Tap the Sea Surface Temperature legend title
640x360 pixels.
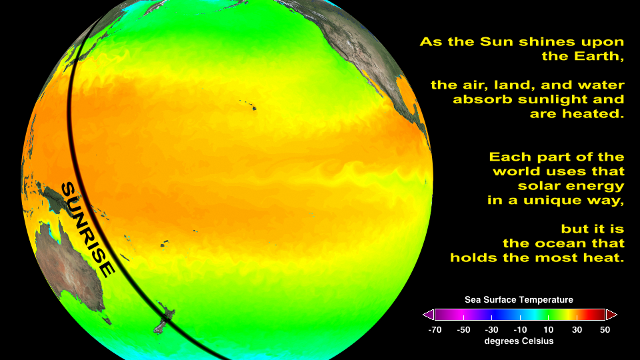[519, 299]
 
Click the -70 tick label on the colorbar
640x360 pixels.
[435, 330]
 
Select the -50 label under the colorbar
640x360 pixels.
[463, 330]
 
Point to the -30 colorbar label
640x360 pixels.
[491, 330]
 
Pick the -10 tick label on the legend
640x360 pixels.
[520, 330]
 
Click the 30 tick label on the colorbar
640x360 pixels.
[577, 330]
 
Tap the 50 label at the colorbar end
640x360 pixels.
[605, 330]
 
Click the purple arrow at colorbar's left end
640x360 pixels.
[428, 315]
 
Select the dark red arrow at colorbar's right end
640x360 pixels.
[611, 315]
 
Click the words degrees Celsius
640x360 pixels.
[519, 341]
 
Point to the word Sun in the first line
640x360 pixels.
[493, 41]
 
